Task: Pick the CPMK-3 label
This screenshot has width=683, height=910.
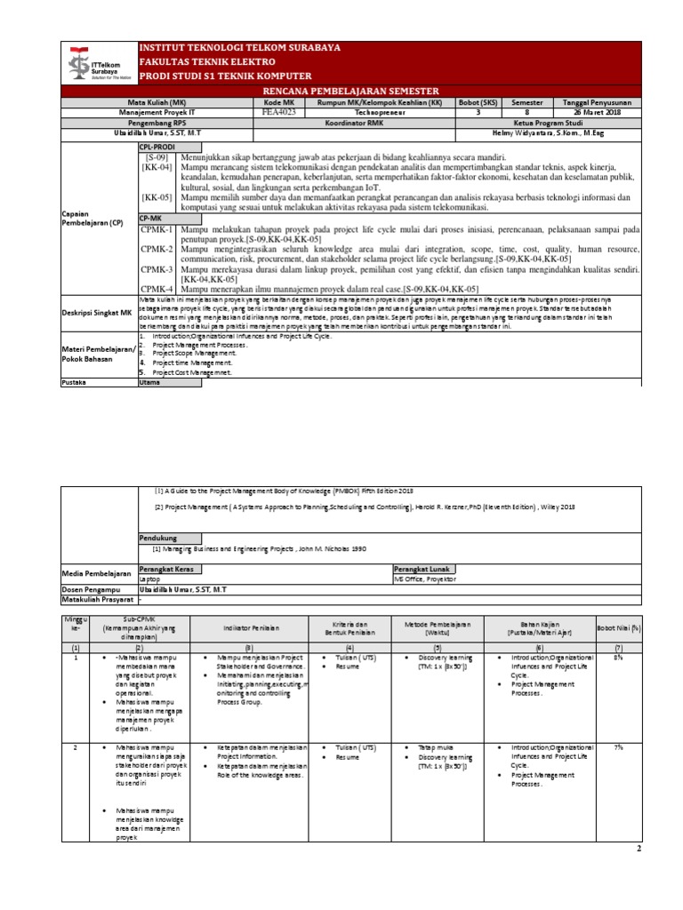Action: tap(156, 268)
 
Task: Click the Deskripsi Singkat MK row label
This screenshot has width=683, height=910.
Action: tap(96, 313)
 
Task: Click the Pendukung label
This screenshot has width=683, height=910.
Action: tap(159, 539)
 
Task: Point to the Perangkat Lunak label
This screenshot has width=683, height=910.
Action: tap(424, 568)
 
